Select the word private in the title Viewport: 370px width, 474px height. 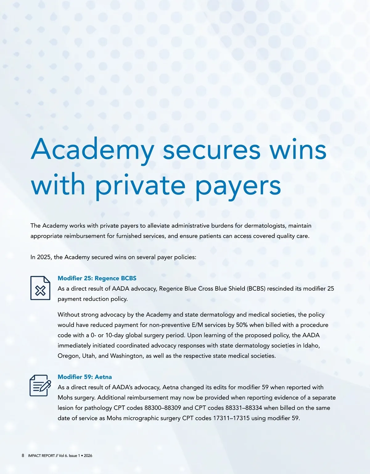[x=140, y=186]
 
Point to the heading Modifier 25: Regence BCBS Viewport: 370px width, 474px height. [x=97, y=278]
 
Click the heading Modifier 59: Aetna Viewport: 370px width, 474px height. [x=84, y=377]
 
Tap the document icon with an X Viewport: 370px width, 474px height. [x=40, y=288]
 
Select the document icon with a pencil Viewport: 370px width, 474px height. [x=40, y=385]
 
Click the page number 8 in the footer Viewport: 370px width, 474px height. [x=23, y=455]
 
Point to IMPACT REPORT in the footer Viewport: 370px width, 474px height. [x=41, y=455]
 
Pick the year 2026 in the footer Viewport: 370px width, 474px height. [x=88, y=455]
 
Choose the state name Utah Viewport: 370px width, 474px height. [x=89, y=356]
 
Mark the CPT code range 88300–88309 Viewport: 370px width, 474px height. [x=162, y=408]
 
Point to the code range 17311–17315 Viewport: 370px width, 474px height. [x=231, y=418]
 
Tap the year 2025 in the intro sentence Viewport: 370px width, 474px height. [x=44, y=257]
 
